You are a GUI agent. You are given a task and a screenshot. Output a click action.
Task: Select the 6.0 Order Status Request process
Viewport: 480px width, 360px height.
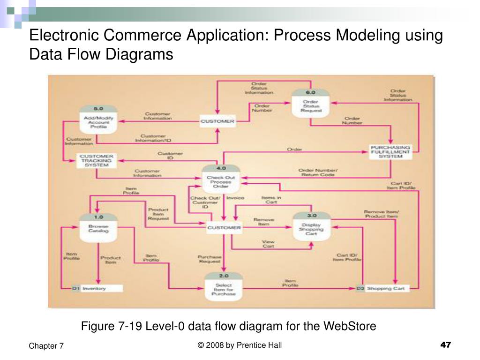310,106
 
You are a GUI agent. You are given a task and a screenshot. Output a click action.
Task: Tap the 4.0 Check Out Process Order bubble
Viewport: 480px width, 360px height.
220,180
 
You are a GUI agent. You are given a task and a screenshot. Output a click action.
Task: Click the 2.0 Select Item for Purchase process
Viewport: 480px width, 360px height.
224,288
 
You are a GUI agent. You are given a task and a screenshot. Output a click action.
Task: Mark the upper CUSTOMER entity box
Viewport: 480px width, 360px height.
217,121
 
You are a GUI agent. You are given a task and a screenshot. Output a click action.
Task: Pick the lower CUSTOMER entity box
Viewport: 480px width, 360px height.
224,228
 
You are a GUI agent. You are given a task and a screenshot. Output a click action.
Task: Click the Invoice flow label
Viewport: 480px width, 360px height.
235,198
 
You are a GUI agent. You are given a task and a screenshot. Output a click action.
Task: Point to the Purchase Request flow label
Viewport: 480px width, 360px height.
209,260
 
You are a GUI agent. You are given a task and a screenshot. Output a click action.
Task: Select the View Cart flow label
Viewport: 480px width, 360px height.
268,244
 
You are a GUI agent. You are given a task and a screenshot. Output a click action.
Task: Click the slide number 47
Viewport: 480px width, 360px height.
445,345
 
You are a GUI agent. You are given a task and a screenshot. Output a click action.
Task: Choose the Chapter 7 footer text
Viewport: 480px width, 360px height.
46,346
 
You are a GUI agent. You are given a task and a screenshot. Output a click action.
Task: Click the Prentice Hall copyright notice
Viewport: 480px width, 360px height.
240,345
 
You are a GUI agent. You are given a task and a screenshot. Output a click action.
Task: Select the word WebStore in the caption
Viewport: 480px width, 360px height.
354,326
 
